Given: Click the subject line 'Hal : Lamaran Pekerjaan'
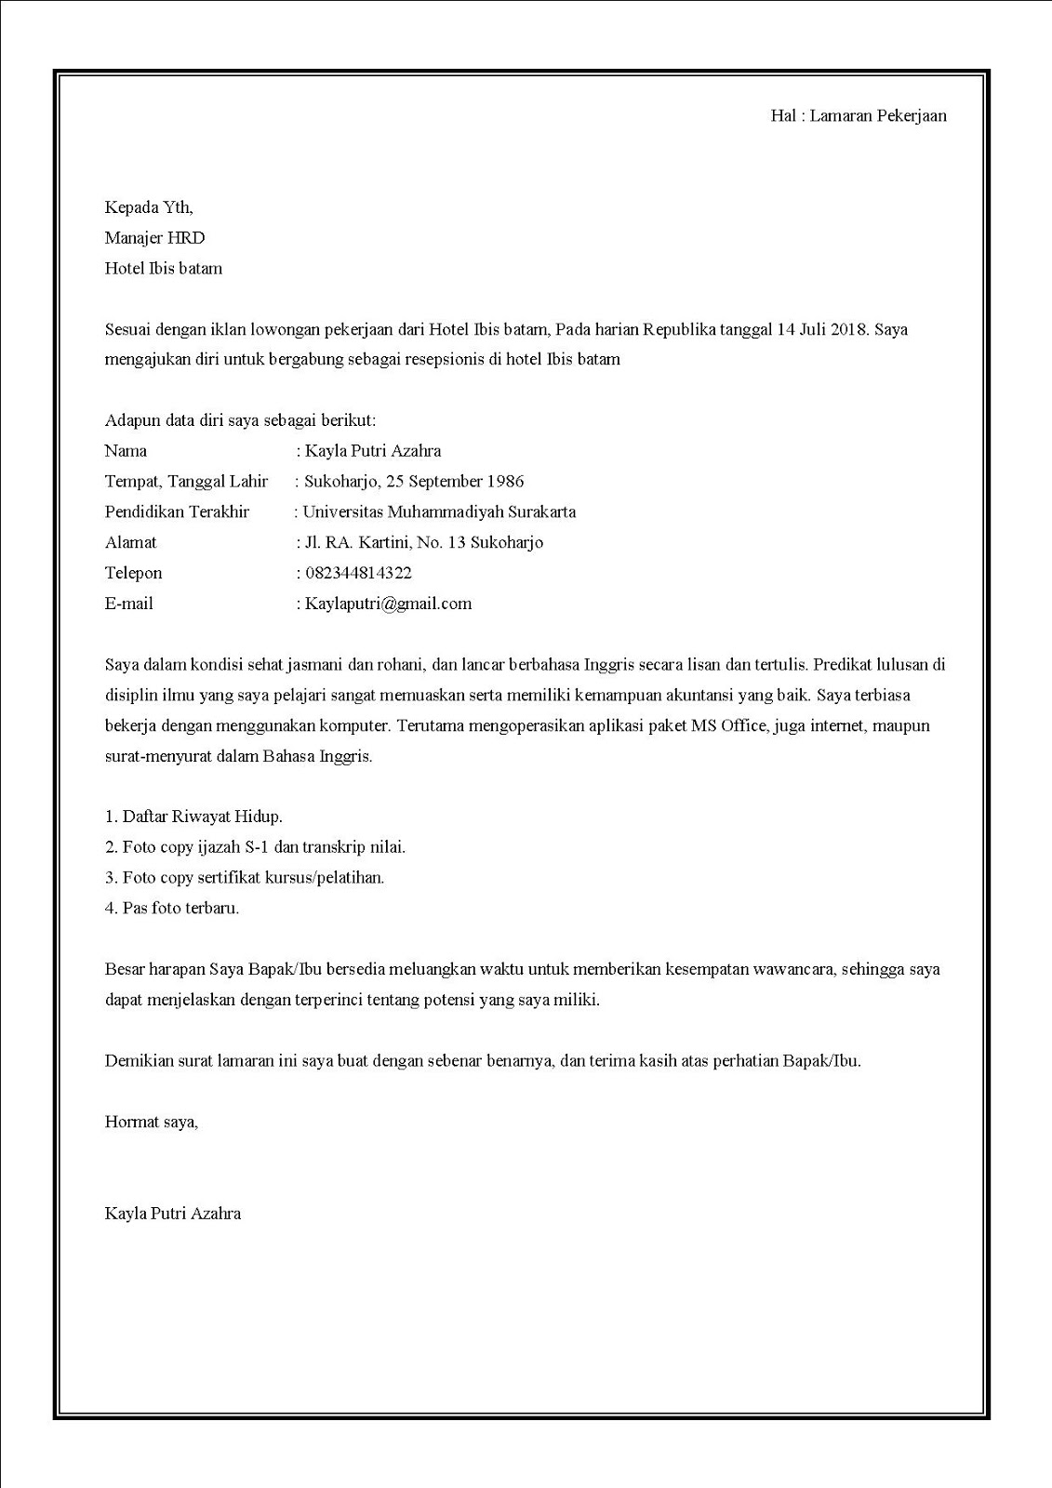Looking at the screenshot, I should click(x=859, y=115).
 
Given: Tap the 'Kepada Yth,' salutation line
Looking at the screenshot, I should click(x=149, y=207).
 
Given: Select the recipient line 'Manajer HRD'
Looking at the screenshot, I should click(x=154, y=238).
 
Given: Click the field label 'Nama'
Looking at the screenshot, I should click(x=126, y=451).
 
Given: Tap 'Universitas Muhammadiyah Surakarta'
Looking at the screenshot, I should click(x=439, y=512).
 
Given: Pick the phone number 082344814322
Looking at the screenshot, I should click(x=358, y=573).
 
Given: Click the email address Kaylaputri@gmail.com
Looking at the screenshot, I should click(x=388, y=604).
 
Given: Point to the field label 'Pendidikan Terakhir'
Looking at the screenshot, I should click(x=177, y=512).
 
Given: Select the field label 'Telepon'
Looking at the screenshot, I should click(x=133, y=573).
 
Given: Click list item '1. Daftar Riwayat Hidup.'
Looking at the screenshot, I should click(x=193, y=817).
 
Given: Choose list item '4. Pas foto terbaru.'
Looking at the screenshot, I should click(x=172, y=908).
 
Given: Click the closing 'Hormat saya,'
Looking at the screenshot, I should click(x=152, y=1122).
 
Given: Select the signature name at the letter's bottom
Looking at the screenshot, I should click(x=173, y=1213).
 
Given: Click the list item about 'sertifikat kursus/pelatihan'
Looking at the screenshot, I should click(x=245, y=877).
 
